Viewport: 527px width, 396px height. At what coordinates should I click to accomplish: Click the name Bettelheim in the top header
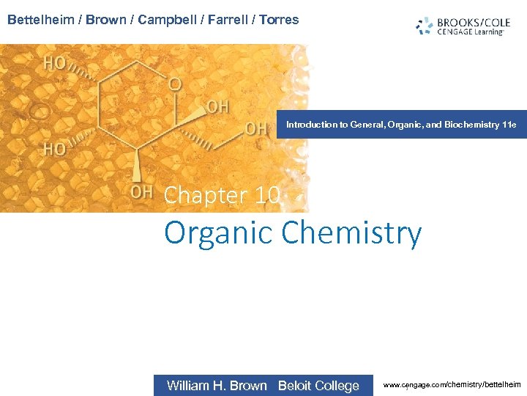[x=40, y=20]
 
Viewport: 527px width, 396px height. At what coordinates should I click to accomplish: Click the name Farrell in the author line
[x=223, y=20]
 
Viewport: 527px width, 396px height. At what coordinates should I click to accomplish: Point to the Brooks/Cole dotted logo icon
[x=424, y=26]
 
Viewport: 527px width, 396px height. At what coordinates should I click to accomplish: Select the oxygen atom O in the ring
[x=174, y=84]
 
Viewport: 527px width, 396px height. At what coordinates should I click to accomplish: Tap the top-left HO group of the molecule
[x=55, y=63]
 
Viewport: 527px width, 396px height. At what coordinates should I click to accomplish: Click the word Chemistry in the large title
[x=351, y=232]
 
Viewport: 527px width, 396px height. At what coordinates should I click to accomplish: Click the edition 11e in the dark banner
[x=509, y=125]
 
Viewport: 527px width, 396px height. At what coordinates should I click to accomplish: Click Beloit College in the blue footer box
[x=318, y=386]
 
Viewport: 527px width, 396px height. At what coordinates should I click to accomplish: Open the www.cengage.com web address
[x=452, y=384]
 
